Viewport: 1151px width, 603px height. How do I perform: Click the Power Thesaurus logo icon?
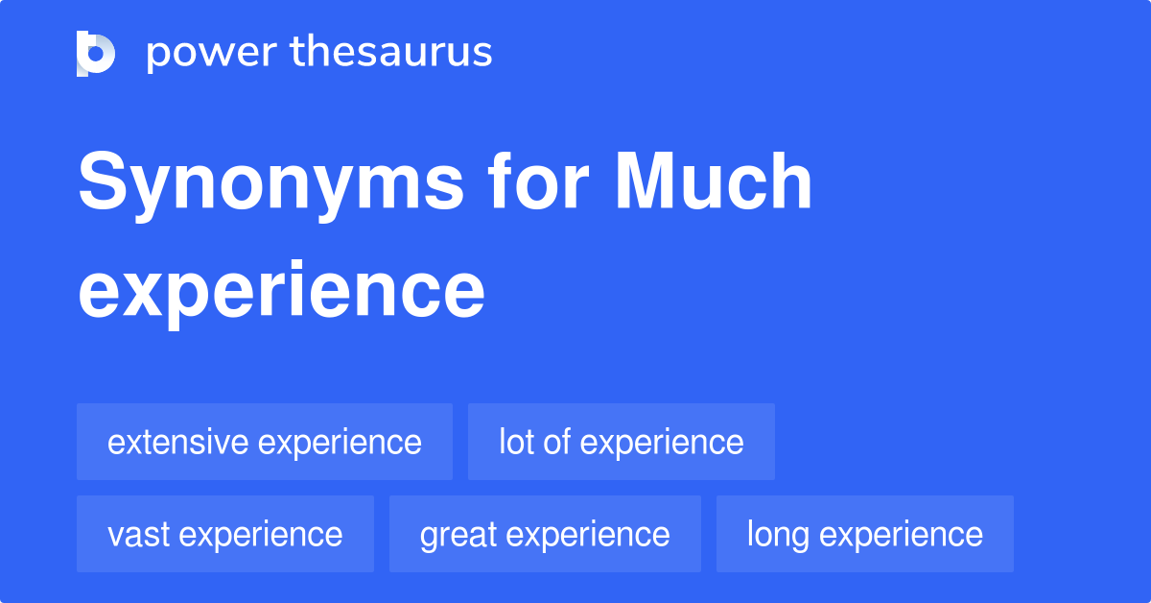click(x=96, y=53)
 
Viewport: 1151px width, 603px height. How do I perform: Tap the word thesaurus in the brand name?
click(x=390, y=53)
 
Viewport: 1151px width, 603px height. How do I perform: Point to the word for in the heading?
click(x=539, y=182)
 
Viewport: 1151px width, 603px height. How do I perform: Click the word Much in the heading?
click(x=714, y=182)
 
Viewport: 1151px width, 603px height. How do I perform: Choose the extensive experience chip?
click(x=265, y=442)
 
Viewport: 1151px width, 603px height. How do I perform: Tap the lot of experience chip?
click(x=621, y=442)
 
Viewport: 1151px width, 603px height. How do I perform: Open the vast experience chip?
click(x=225, y=534)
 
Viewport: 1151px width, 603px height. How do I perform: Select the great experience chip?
click(x=545, y=534)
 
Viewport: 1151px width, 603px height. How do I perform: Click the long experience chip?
click(x=864, y=534)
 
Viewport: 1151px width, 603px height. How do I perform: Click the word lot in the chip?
click(x=516, y=442)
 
